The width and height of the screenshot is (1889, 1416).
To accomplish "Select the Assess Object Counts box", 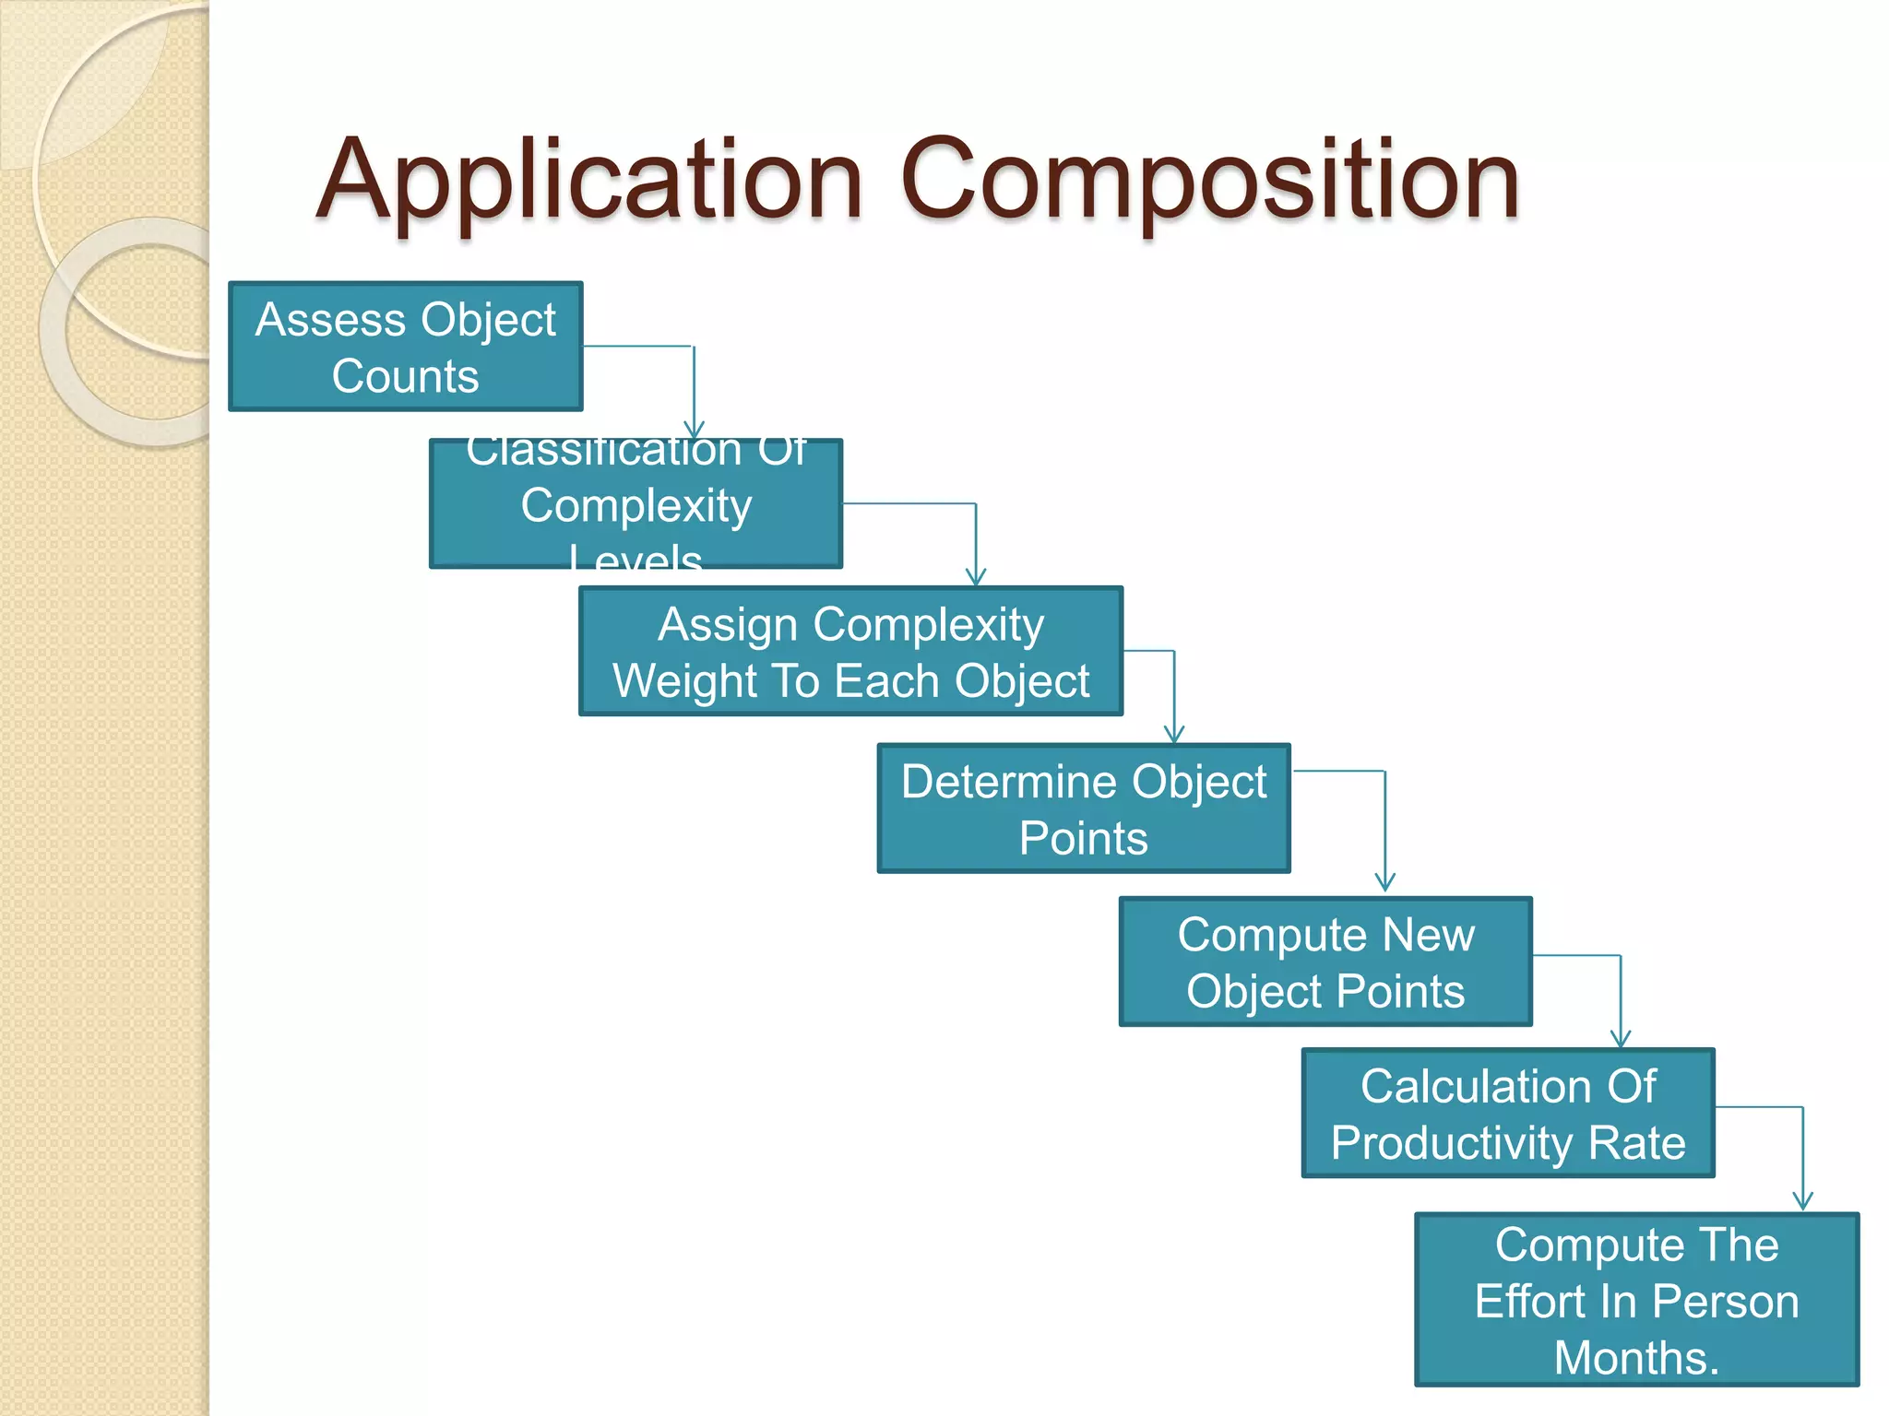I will pyautogui.click(x=405, y=347).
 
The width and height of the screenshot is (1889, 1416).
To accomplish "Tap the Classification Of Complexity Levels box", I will pyautogui.click(x=636, y=503).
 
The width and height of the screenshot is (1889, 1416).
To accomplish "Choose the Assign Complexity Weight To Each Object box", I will pyautogui.click(x=850, y=651).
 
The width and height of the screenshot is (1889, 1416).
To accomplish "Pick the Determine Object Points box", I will pyautogui.click(x=1083, y=808).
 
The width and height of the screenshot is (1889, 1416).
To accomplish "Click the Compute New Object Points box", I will pyautogui.click(x=1325, y=962).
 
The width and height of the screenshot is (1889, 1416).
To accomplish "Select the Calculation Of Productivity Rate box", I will pyautogui.click(x=1507, y=1113).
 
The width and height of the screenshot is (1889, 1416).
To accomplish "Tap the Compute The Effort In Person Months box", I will pyautogui.click(x=1636, y=1299).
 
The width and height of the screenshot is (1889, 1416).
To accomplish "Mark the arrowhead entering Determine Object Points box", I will pyautogui.click(x=1173, y=734).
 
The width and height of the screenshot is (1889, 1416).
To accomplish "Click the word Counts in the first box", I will pyautogui.click(x=405, y=376).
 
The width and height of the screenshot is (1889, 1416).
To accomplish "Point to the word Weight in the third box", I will pyautogui.click(x=684, y=681).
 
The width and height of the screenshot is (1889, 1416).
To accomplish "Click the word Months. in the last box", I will pyautogui.click(x=1636, y=1357).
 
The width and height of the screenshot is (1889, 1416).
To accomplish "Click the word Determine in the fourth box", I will pyautogui.click(x=1009, y=782).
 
